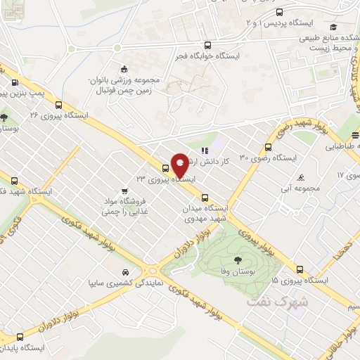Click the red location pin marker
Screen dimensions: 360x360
click(180, 166)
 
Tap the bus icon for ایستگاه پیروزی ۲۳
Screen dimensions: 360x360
click(166, 168)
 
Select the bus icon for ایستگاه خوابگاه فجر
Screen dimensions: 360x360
click(206, 43)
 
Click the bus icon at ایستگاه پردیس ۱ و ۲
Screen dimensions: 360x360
click(280, 12)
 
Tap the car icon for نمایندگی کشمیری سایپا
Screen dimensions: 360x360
click(125, 272)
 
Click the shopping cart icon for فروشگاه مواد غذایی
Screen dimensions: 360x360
click(124, 190)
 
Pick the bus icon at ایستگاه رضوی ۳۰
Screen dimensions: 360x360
click(268, 147)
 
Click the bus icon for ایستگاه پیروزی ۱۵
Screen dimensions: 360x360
click(300, 269)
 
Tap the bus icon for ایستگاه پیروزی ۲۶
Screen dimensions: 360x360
click(58, 103)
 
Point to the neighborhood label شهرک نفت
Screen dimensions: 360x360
click(278, 301)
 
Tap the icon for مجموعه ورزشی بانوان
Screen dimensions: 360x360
click(124, 69)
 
